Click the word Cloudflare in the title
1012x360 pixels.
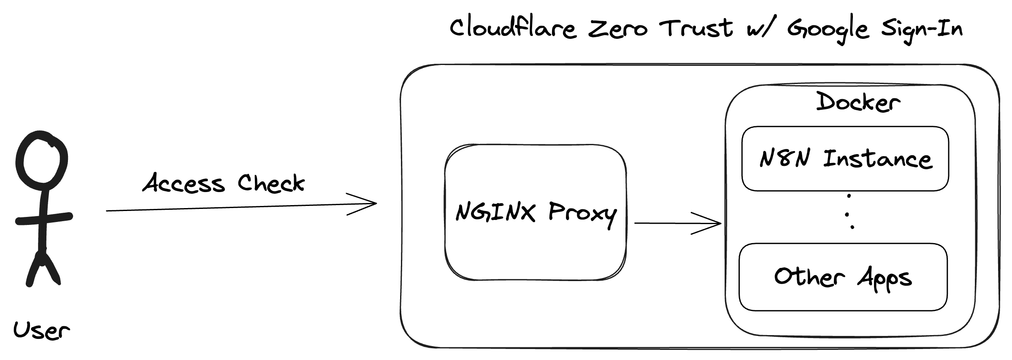(513, 28)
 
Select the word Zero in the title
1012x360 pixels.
(617, 29)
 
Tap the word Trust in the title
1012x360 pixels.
(696, 28)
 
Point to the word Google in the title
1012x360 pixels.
(828, 30)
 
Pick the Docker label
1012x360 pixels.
(858, 103)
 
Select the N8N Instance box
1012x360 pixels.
(845, 159)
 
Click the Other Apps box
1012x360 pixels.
(843, 277)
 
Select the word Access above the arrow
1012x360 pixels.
(184, 184)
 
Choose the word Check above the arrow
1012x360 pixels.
(271, 184)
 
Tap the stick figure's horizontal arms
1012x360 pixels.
(44, 219)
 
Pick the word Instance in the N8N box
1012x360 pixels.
(877, 159)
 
